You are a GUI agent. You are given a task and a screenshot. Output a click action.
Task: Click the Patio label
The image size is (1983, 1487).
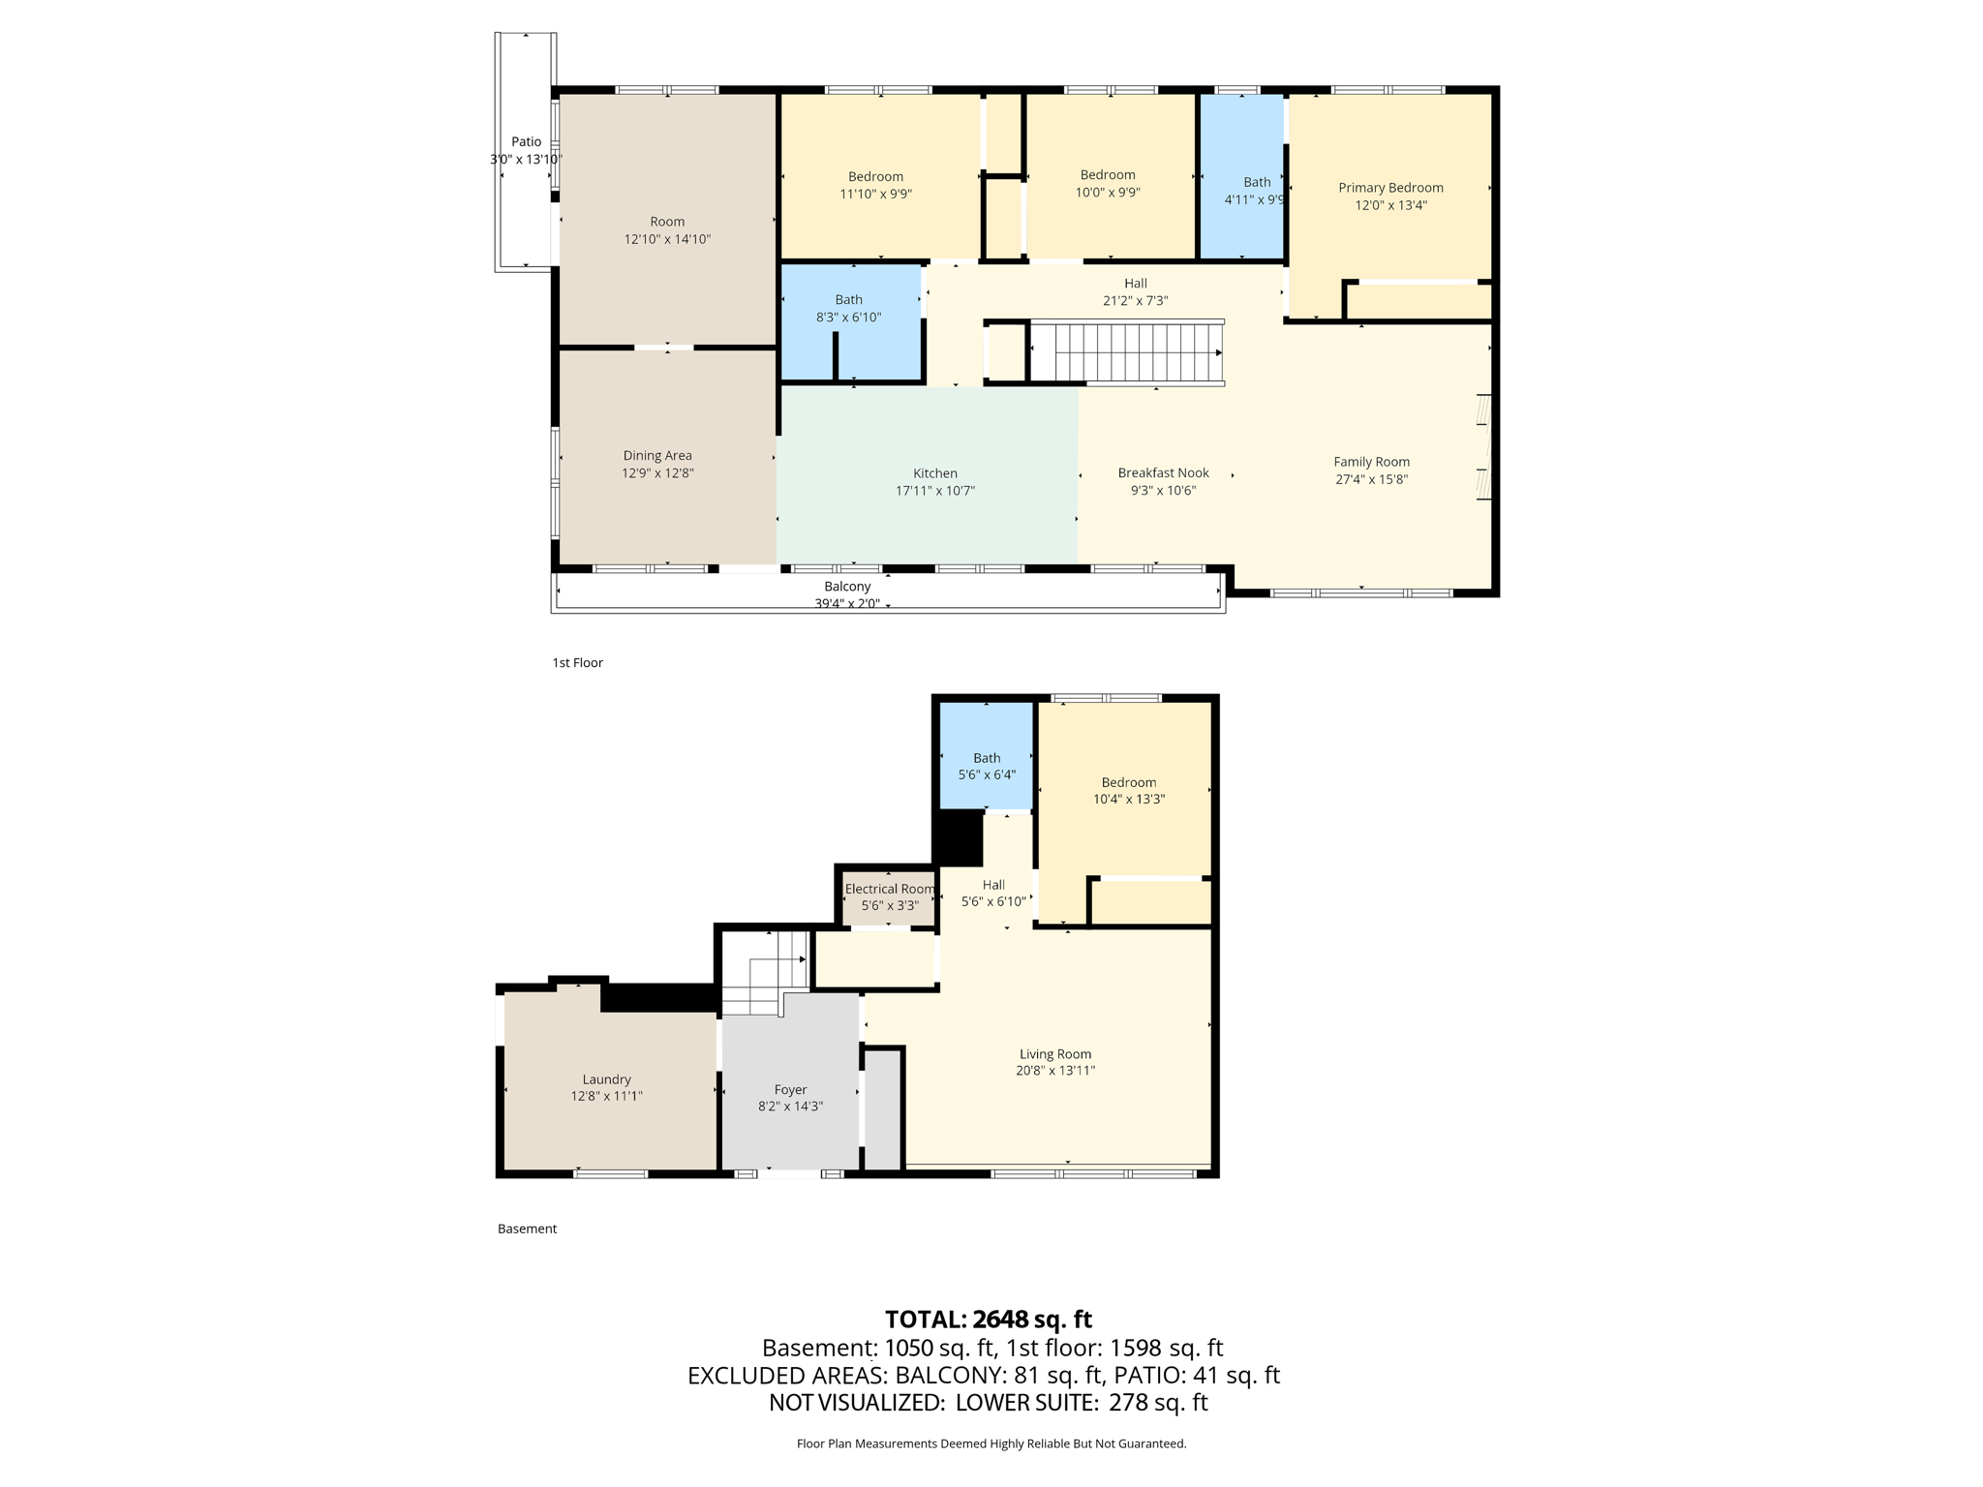526,142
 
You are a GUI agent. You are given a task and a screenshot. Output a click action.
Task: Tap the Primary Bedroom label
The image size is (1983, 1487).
1390,188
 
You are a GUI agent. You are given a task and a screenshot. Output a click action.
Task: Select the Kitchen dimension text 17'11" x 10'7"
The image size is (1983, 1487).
934,491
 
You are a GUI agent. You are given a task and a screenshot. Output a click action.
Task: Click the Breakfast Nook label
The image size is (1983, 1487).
1163,472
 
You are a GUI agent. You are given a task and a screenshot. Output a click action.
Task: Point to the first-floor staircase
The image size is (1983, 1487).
1125,353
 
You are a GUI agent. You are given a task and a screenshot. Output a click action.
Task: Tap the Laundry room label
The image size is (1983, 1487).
606,1079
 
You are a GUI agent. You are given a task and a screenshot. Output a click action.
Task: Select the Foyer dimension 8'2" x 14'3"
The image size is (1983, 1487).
790,1107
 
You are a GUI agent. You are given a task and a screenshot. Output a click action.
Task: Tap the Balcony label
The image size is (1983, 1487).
847,587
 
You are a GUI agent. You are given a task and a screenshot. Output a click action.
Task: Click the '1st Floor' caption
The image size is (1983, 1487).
577,663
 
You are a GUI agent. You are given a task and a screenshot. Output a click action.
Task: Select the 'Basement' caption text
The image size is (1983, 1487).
527,1229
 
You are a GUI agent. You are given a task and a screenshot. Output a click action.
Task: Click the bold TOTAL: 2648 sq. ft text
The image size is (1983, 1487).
988,1320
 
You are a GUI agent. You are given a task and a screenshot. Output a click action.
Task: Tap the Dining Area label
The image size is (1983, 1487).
657,456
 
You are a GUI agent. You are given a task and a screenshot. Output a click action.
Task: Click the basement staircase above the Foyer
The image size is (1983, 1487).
765,973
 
